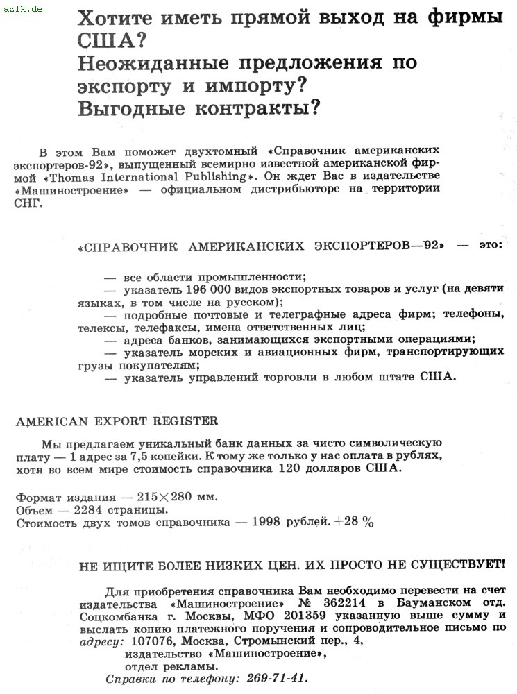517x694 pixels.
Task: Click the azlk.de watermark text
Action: [x=22, y=10]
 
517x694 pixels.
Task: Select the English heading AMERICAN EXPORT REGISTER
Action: [x=117, y=421]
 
